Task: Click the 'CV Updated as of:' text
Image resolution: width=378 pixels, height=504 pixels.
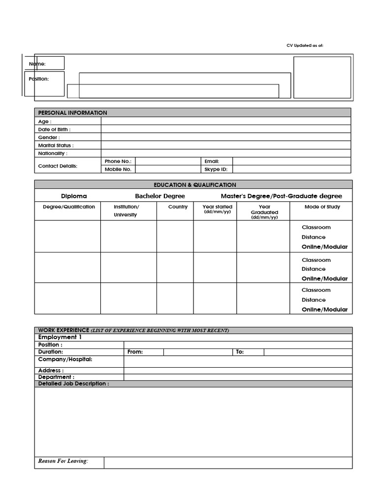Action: tap(305, 45)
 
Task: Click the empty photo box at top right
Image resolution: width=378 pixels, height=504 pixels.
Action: tap(322, 77)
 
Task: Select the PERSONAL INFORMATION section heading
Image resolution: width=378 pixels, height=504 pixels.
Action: tap(72, 113)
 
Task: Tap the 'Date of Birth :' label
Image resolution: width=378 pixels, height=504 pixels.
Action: tap(54, 129)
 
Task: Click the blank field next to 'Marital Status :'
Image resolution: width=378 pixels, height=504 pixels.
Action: tap(226, 145)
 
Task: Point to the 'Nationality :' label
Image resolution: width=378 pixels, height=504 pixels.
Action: tap(53, 153)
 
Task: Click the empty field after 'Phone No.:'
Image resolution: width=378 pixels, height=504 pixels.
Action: tap(167, 161)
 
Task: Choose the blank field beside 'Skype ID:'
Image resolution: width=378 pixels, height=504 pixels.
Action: tap(291, 169)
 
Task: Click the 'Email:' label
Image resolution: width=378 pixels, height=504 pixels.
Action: tap(212, 161)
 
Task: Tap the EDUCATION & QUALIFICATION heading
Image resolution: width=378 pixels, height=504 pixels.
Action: tap(195, 185)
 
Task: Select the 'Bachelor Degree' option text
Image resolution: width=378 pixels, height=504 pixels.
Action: tap(160, 196)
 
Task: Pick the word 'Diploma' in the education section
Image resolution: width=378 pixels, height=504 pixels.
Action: tap(74, 196)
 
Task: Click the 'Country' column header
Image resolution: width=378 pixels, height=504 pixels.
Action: tap(178, 207)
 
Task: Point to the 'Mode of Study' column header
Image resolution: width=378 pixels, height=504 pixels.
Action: tap(322, 207)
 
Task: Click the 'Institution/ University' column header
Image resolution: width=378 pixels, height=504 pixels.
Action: tap(126, 211)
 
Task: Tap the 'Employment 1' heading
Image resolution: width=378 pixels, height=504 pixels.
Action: tap(60, 337)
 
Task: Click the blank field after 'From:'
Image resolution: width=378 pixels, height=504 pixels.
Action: tap(197, 352)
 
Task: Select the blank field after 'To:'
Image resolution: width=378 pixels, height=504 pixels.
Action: tap(308, 352)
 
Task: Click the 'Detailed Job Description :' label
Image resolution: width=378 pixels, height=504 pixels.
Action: tap(74, 383)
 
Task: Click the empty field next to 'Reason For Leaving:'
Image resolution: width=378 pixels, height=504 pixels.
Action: tap(228, 462)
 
